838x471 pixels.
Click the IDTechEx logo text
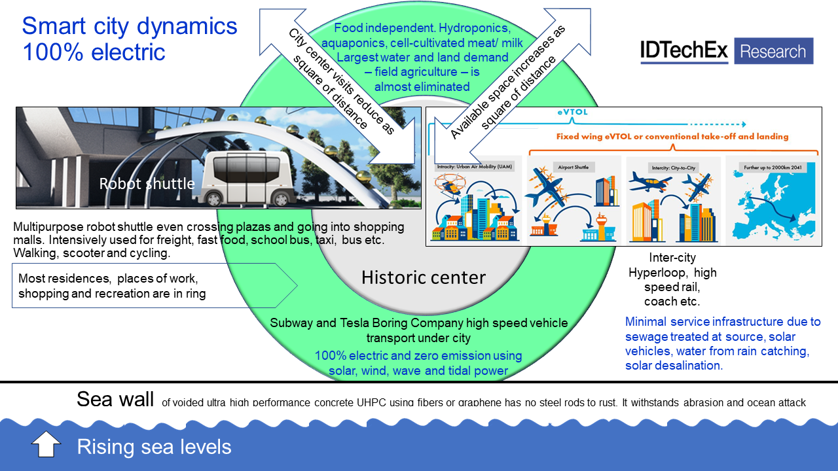pos(684,51)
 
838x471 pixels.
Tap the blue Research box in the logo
pos(773,51)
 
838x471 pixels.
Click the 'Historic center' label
pos(424,277)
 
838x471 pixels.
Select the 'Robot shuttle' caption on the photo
pos(147,184)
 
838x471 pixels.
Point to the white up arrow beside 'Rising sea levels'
pos(46,445)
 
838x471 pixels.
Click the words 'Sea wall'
pos(115,399)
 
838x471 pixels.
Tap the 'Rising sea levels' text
pos(154,447)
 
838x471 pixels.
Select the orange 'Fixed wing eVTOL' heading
pos(672,137)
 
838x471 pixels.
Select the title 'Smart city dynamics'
pos(130,26)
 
